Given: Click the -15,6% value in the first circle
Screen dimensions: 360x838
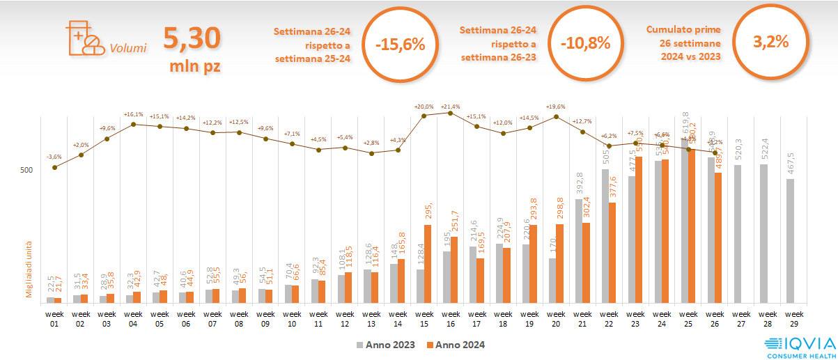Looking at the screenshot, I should point(400,44).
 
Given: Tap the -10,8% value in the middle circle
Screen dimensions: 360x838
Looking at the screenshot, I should point(585,42).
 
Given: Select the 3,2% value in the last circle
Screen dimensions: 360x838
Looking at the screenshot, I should point(770,41).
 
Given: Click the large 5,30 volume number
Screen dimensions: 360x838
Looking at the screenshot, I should point(192,39).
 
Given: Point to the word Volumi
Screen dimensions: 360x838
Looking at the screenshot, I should point(128,49).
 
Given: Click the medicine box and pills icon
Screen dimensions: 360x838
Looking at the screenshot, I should point(83,38).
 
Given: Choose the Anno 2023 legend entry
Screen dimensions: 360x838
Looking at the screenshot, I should point(386,345).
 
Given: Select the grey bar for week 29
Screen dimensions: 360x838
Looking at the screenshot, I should point(791,241).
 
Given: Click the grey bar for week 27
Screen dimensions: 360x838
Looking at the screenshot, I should point(738,234).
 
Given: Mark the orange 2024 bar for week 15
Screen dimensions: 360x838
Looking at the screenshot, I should point(428,264).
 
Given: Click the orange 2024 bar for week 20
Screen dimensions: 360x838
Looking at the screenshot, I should point(560,263).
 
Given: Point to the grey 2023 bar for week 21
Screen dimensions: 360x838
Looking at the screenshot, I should point(579,251).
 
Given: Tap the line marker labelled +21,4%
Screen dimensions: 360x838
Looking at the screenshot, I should point(450,113).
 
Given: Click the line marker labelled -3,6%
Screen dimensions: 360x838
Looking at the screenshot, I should point(54,167).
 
